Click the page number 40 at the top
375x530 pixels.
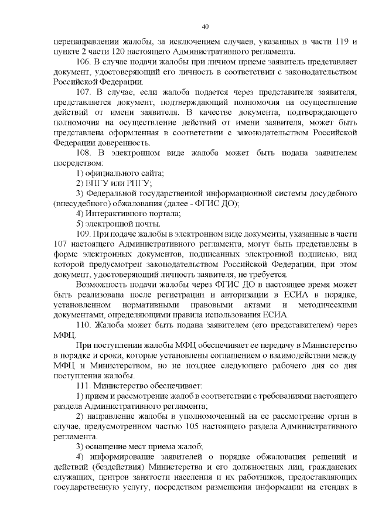204,26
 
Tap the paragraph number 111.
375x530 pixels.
84,386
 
